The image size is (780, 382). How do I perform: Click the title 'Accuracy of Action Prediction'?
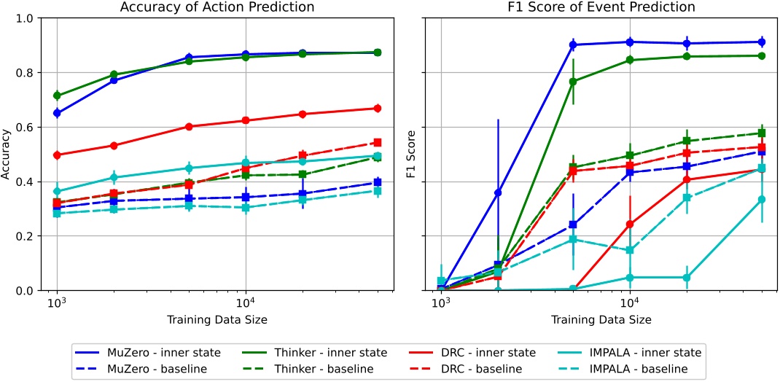click(217, 7)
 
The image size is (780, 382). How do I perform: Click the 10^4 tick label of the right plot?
click(629, 303)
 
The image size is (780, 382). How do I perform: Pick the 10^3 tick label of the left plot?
click(57, 303)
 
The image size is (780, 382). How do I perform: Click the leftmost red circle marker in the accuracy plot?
click(57, 155)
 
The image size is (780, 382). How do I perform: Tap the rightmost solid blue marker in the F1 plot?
click(762, 42)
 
